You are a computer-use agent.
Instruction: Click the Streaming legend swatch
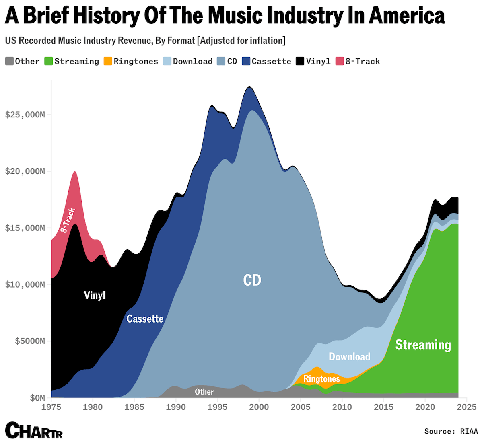click(x=49, y=61)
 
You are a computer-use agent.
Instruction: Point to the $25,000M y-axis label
click(x=25, y=115)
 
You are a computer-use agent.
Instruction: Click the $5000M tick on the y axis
click(x=30, y=341)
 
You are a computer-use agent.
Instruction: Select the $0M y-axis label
click(x=37, y=398)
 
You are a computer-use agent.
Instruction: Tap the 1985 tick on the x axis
click(x=134, y=407)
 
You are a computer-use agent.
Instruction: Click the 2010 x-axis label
click(x=342, y=407)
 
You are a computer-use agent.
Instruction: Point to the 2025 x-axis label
click(x=466, y=407)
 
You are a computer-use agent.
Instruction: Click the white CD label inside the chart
click(x=252, y=280)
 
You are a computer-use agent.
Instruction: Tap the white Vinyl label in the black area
click(x=95, y=295)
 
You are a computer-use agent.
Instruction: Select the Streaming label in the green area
click(x=423, y=345)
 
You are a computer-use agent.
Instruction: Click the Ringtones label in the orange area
click(x=321, y=379)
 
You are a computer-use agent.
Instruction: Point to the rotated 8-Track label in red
click(x=68, y=220)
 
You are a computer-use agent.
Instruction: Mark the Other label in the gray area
click(x=204, y=392)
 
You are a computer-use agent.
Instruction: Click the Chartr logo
click(x=34, y=430)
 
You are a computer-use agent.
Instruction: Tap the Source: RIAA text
click(x=451, y=431)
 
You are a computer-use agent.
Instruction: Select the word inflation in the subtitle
click(x=266, y=41)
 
